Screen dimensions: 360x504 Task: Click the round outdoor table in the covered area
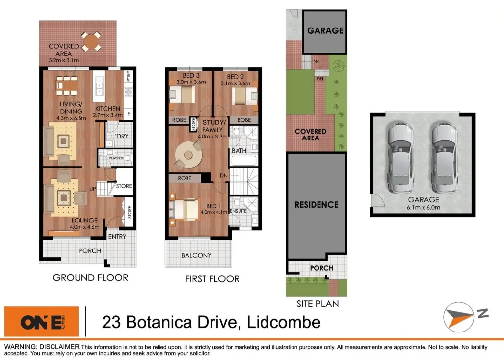[91, 42]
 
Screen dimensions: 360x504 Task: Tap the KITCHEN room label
[108, 109]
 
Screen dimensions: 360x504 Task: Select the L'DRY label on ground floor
[120, 136]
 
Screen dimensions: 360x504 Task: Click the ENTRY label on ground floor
[117, 237]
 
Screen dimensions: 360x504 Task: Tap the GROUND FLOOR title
[90, 277]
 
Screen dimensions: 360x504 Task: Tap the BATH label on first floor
[239, 151]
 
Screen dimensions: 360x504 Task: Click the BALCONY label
[196, 255]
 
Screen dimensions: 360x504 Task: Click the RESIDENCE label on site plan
[317, 204]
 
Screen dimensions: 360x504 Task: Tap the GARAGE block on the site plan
[325, 31]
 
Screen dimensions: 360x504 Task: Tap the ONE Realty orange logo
[42, 322]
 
